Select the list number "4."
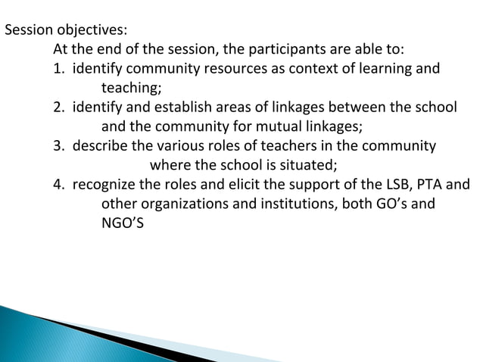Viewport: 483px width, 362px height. pos(58,184)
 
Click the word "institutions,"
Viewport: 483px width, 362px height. pos(297,203)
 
